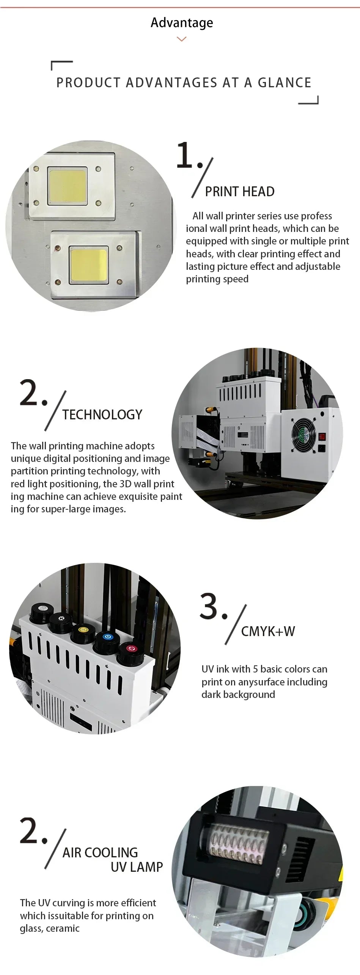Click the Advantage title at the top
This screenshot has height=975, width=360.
click(x=182, y=23)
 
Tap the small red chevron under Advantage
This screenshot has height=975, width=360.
click(x=182, y=39)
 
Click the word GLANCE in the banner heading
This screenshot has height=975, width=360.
click(x=285, y=83)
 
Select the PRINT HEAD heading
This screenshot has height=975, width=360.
click(x=240, y=192)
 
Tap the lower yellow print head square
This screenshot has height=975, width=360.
click(x=89, y=264)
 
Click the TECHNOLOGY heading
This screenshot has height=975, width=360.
click(x=102, y=414)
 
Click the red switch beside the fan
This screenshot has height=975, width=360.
click(x=322, y=436)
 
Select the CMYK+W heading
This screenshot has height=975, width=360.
click(x=268, y=631)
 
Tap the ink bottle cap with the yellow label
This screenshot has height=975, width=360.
click(x=83, y=630)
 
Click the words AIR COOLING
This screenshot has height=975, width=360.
click(x=100, y=852)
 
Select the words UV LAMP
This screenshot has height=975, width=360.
click(x=137, y=867)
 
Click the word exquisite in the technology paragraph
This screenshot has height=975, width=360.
click(x=146, y=496)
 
